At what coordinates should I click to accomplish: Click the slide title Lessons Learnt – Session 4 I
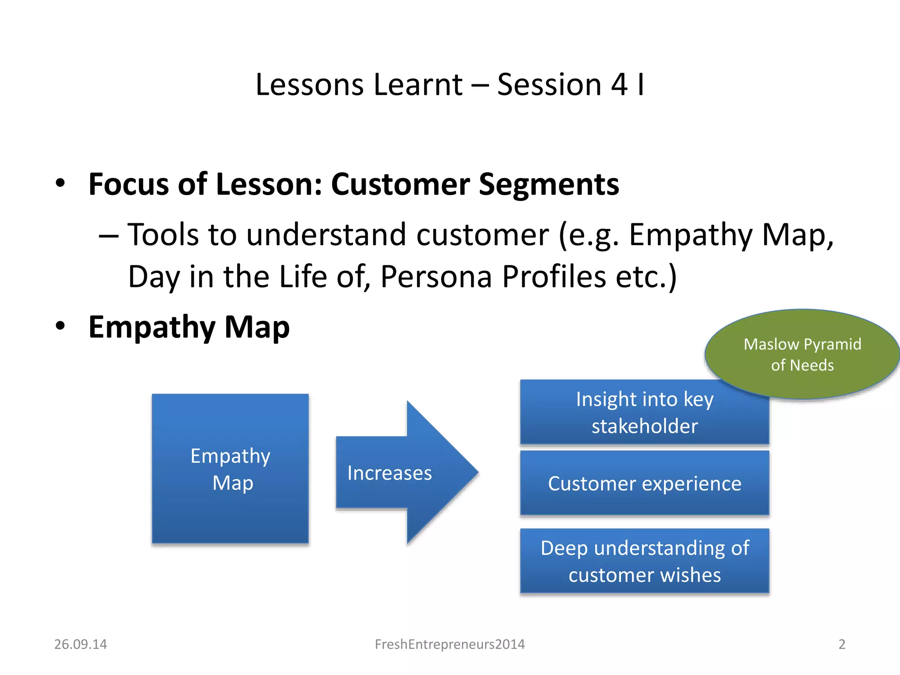tap(450, 84)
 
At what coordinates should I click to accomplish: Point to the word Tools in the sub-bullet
tap(163, 235)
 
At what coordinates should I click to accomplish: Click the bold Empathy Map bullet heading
tap(189, 327)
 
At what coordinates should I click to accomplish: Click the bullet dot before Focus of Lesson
tap(61, 183)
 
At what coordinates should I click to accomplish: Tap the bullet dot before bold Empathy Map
tap(61, 326)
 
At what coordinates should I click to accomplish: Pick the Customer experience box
tap(644, 483)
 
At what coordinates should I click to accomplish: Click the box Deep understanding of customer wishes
tap(644, 562)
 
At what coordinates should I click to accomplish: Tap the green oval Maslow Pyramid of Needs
tap(802, 354)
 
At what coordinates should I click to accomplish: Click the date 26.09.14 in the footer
tap(80, 644)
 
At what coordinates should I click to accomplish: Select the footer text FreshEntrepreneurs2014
tap(450, 644)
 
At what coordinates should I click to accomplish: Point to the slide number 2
tap(842, 644)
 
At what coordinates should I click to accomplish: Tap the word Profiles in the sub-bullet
tap(554, 277)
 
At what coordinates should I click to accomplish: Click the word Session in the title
tap(549, 84)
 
